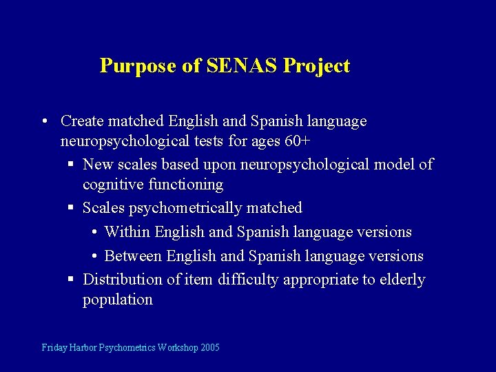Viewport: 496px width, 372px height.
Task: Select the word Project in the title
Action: (317, 66)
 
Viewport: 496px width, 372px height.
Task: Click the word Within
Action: (127, 231)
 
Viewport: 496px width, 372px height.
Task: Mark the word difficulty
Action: (247, 280)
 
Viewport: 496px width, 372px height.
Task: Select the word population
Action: (117, 300)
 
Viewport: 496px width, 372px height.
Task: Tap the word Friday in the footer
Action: (54, 347)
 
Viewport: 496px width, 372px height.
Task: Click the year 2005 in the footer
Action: (209, 347)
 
